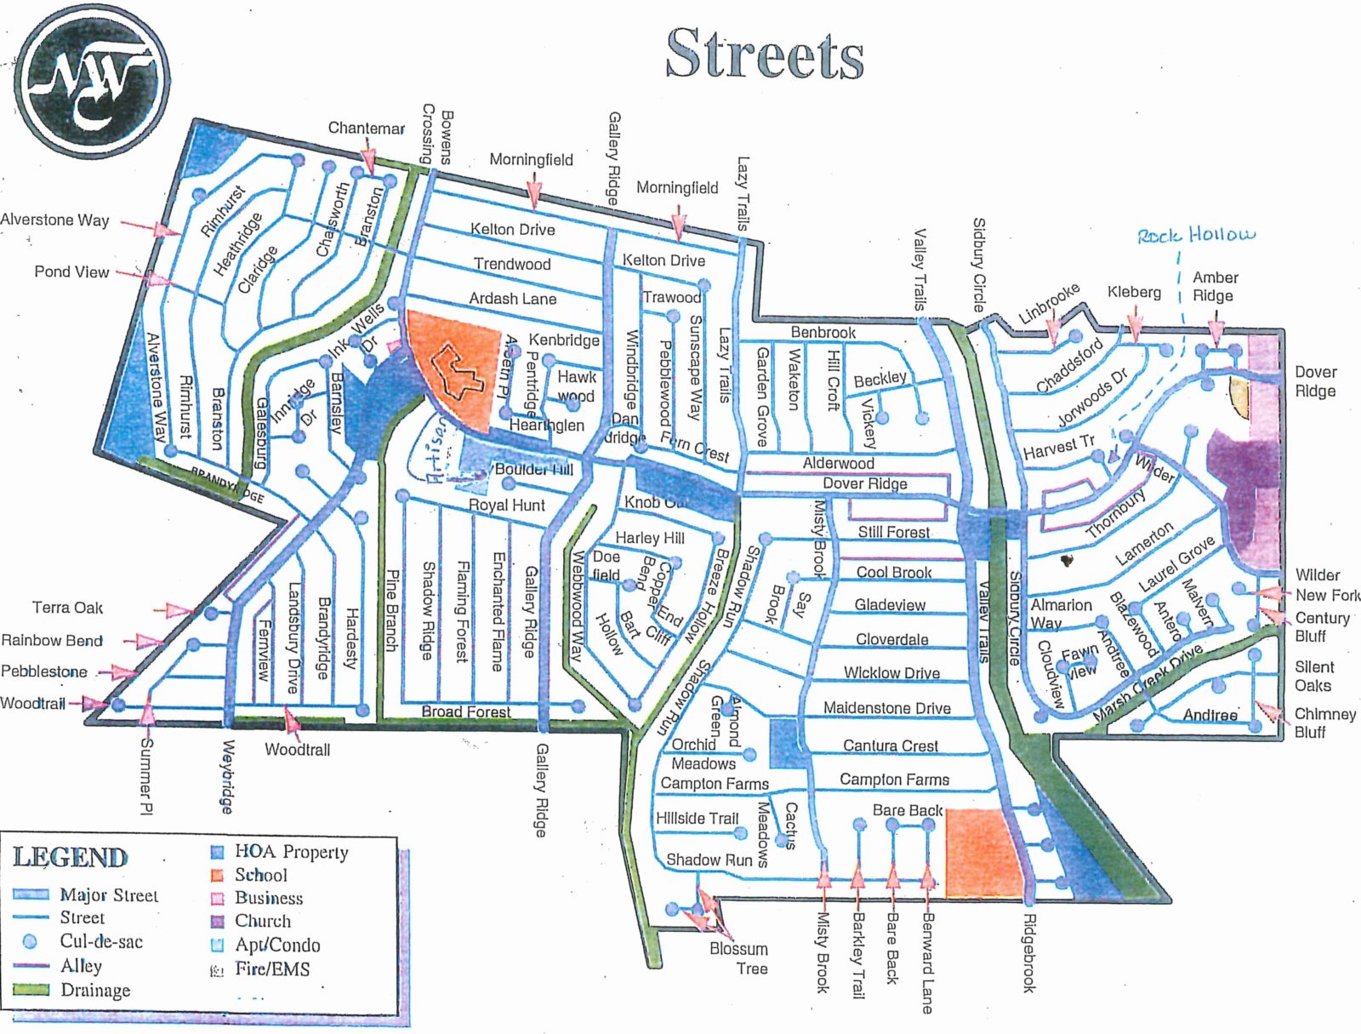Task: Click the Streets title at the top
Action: point(764,54)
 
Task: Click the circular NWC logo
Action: point(93,81)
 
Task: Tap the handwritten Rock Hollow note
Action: point(1196,235)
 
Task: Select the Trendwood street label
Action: point(512,264)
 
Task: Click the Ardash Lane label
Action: point(512,299)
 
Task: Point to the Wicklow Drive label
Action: point(891,673)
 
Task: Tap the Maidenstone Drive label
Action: point(886,708)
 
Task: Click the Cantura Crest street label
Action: point(890,746)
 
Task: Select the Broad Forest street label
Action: point(466,711)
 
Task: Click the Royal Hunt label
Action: point(506,505)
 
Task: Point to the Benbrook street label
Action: point(823,332)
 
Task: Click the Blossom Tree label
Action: point(738,958)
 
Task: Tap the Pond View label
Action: point(71,271)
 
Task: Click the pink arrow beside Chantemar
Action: point(367,162)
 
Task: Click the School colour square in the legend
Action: point(217,875)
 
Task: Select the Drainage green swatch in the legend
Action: point(31,990)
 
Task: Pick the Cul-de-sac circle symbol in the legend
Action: point(30,941)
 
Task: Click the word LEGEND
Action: point(70,857)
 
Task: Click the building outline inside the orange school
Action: point(456,372)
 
